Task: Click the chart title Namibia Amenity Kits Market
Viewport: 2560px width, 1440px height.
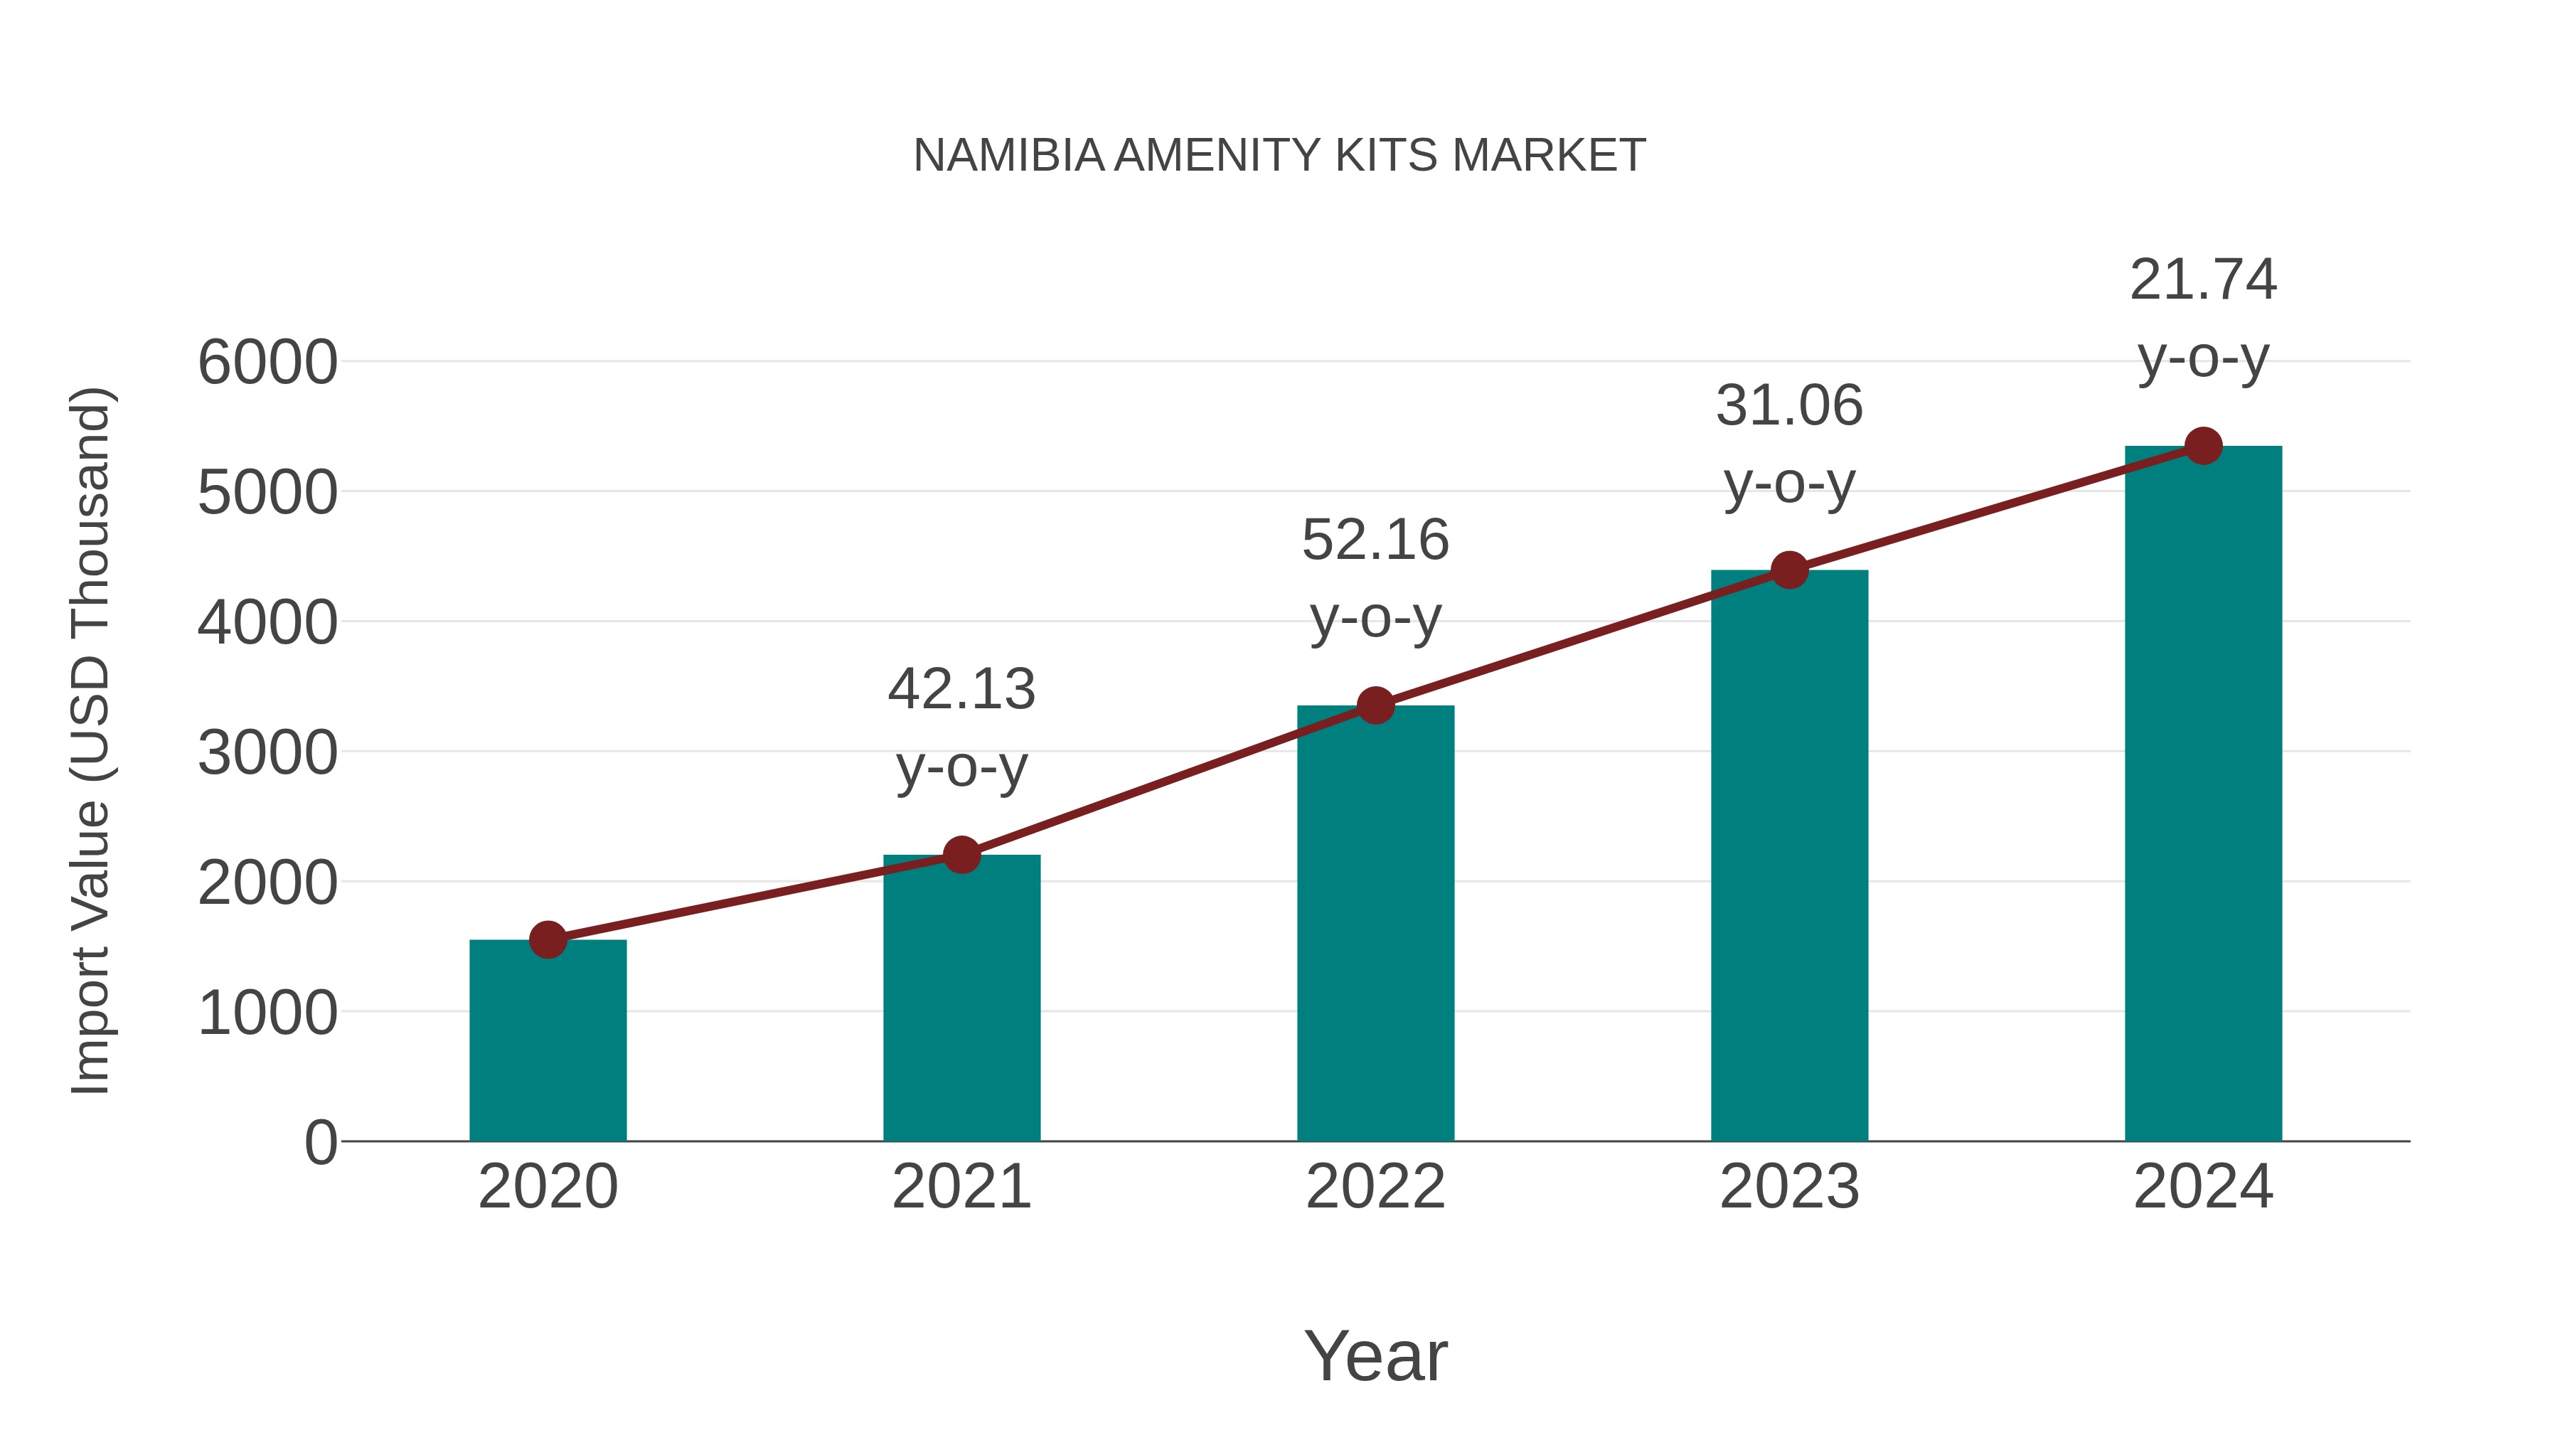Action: (x=1279, y=156)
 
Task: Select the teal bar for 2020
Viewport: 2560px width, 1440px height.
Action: (x=548, y=1043)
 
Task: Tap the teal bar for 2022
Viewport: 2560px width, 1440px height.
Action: (x=1375, y=924)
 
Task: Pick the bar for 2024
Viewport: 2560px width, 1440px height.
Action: (x=2203, y=795)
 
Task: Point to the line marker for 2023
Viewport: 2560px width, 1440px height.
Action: (x=1789, y=570)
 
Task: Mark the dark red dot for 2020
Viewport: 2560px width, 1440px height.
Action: (x=548, y=939)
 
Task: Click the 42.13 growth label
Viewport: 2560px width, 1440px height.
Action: (x=961, y=690)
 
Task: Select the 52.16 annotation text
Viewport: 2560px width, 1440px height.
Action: (x=1375, y=540)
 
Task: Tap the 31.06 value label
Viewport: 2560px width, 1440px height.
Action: (x=1789, y=407)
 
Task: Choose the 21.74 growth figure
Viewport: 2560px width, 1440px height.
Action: (x=2203, y=280)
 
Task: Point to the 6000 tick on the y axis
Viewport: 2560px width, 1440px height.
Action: (x=267, y=363)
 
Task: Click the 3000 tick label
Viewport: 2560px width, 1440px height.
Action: (x=267, y=753)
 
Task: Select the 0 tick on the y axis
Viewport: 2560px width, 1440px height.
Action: (x=321, y=1143)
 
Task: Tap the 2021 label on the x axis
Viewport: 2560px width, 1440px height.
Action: (x=961, y=1187)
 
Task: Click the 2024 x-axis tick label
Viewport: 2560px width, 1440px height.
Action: (x=2203, y=1187)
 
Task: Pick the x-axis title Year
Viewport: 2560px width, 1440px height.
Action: (x=1375, y=1357)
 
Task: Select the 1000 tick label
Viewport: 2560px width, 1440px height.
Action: (x=267, y=1013)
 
